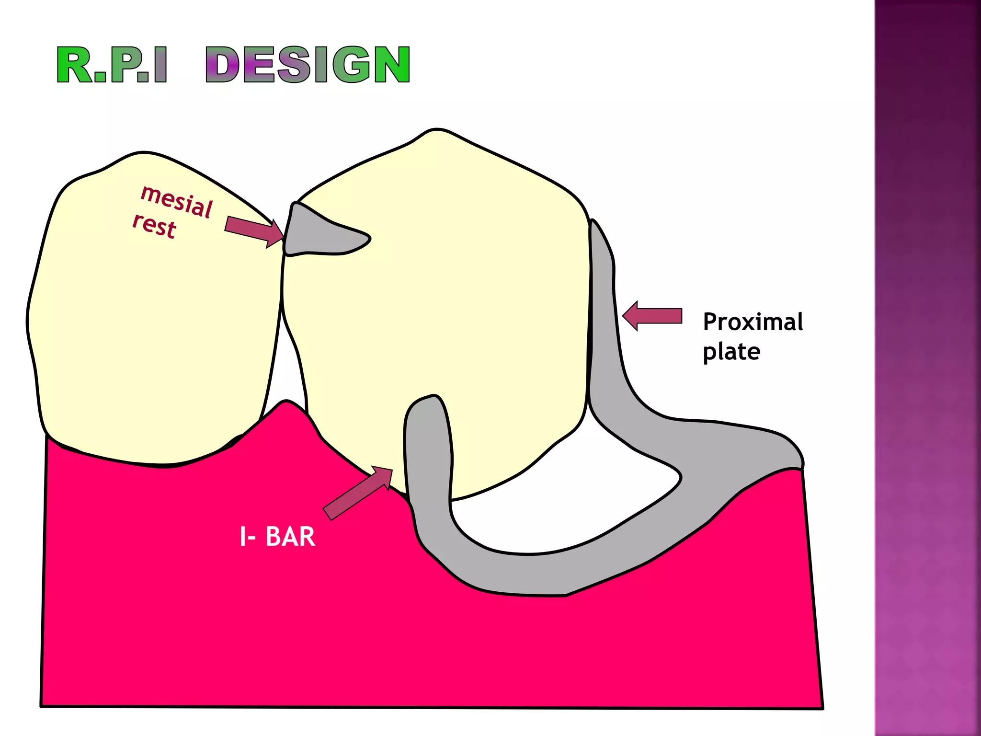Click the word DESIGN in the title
pyautogui.click(x=308, y=65)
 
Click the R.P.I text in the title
pyautogui.click(x=112, y=65)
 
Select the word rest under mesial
pyautogui.click(x=154, y=226)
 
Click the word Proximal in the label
pyautogui.click(x=753, y=322)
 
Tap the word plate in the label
pyautogui.click(x=731, y=352)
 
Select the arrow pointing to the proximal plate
pyautogui.click(x=652, y=316)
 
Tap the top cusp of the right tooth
pyautogui.click(x=437, y=131)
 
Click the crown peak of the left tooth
pyautogui.click(x=143, y=154)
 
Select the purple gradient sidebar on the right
pyautogui.click(x=927, y=368)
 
